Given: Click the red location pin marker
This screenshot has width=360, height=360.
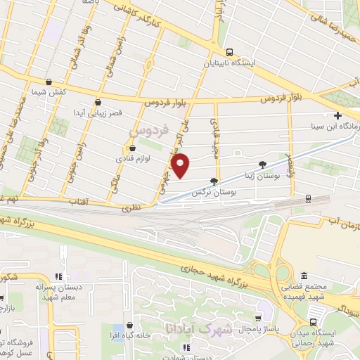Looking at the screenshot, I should (181, 166).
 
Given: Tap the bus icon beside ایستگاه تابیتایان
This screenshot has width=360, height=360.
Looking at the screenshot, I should (229, 51).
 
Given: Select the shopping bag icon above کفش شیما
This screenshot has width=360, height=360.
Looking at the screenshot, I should (48, 82).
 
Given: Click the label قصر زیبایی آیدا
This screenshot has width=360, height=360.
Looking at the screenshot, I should (102, 112).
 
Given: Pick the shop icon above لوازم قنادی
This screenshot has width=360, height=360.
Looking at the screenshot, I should (131, 148).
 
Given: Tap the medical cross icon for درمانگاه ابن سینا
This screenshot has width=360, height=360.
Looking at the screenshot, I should (338, 116).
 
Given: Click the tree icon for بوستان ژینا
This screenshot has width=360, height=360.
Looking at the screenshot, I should (262, 164).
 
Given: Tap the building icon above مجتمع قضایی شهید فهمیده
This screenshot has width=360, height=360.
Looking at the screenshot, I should (303, 276).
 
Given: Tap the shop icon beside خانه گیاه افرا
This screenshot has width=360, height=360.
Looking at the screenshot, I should (130, 326).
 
